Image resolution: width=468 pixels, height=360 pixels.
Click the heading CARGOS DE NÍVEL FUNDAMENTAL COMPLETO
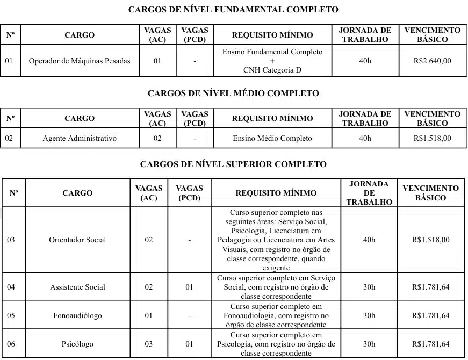234,10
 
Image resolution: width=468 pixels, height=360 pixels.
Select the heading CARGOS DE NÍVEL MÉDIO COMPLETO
233,93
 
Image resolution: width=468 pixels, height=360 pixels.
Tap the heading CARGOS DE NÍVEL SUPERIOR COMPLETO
233,164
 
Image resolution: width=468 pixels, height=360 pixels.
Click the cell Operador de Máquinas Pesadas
80,61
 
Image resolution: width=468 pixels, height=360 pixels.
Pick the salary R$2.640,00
433,61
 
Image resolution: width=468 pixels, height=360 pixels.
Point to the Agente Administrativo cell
80,138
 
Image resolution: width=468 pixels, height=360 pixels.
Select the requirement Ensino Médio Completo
272,138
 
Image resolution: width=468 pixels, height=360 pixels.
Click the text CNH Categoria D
272,70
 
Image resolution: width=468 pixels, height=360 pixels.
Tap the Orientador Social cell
77,240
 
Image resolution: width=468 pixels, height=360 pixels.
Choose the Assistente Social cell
77,287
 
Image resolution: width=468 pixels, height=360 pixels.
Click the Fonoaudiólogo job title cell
77,315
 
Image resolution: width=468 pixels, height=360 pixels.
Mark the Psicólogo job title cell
77,344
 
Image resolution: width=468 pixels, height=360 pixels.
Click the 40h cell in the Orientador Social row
369,240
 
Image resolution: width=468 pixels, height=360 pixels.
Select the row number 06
11,344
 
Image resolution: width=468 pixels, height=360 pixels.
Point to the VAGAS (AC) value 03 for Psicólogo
149,344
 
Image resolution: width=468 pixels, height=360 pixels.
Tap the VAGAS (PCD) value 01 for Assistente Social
189,287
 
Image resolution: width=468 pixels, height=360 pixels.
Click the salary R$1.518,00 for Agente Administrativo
433,138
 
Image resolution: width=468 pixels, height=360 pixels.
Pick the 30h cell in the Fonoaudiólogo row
369,315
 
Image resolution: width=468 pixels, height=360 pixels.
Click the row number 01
9,61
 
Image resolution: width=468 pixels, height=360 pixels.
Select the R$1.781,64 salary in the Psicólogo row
430,344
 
